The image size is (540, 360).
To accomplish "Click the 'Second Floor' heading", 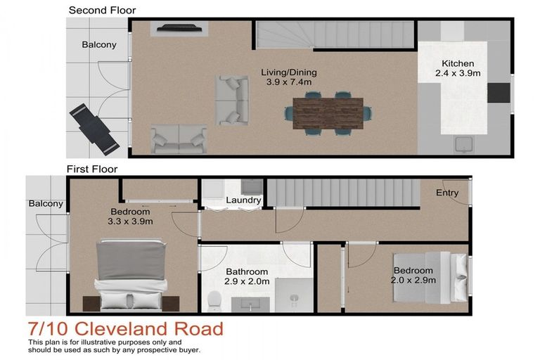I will coord(102,10).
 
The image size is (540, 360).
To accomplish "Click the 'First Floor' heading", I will coord(91,169).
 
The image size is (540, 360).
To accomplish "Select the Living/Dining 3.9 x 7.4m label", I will coord(288,77).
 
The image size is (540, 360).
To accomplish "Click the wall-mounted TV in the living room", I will coord(179,29).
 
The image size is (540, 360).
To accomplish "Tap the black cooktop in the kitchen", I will coord(498,93).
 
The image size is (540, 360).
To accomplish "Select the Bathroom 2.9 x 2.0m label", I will coord(246,276).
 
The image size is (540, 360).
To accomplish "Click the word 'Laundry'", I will coord(243,200).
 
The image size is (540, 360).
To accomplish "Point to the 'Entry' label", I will coord(447,193).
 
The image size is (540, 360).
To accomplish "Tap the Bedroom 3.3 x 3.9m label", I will coord(130,217).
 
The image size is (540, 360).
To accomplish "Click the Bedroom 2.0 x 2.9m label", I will coord(414,276).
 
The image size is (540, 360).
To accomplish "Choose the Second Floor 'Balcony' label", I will coord(99,44).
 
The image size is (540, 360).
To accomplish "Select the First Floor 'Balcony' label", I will coord(46,204).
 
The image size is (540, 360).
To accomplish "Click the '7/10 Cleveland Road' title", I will coord(125,328).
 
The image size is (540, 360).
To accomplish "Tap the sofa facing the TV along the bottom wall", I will coord(179,139).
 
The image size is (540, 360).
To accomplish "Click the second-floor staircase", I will coord(333,34).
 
